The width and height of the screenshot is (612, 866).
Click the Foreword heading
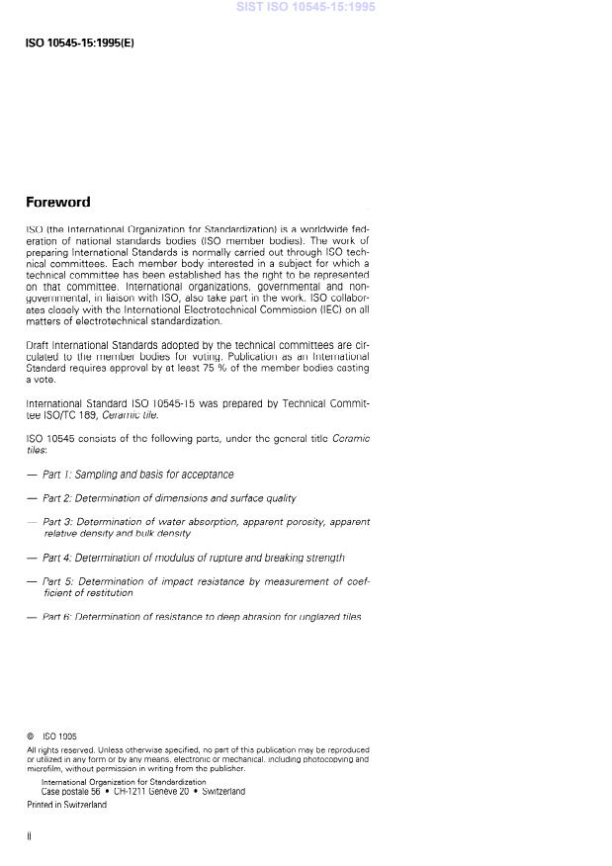pos(57,202)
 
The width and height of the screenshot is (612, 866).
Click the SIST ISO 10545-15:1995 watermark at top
pos(306,7)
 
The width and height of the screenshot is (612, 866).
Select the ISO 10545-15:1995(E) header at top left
pos(79,43)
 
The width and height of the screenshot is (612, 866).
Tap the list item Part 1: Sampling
pos(137,475)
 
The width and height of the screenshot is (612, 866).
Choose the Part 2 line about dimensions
pos(169,498)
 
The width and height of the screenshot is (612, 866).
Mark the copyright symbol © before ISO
pos(31,736)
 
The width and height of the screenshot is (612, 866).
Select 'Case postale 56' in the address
pos(72,791)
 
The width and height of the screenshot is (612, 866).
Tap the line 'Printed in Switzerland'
pos(66,805)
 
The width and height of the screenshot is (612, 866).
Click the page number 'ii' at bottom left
pos(29,836)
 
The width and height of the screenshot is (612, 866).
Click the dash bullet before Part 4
pos(33,558)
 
